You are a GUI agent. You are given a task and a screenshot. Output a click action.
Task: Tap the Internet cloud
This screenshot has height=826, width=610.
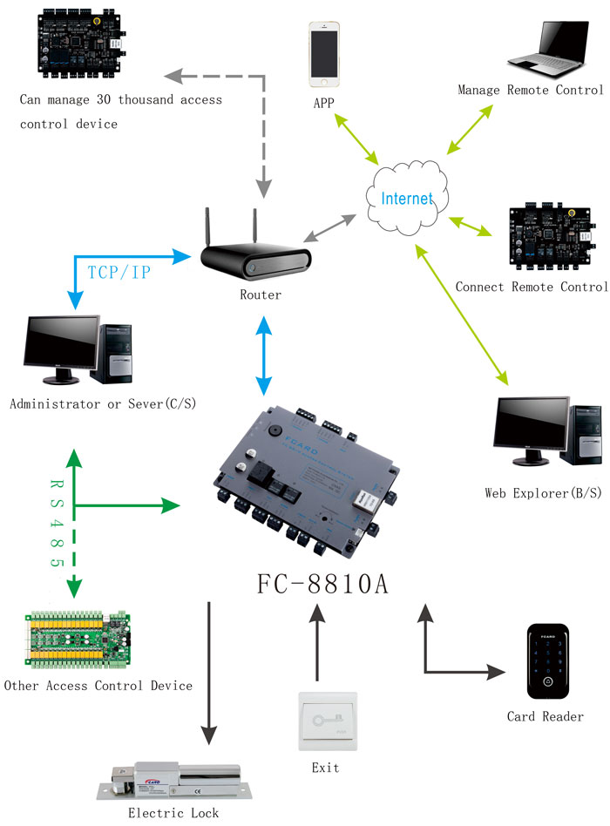point(406,198)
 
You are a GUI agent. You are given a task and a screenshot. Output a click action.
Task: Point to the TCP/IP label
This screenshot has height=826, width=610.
point(119,272)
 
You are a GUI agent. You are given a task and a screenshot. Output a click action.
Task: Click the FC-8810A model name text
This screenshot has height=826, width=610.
point(322,584)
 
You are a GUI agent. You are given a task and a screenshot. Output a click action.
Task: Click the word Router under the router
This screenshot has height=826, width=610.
point(261,295)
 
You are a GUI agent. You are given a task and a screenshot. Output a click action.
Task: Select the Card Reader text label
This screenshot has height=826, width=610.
point(545,716)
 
